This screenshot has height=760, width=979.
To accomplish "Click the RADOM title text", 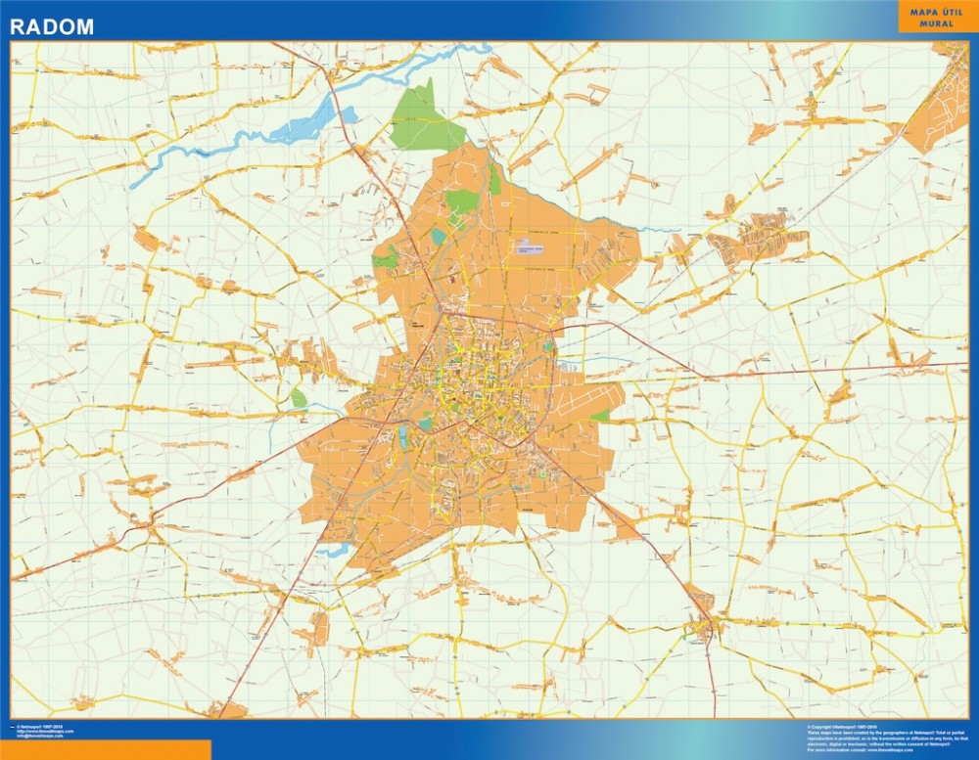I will click(x=52, y=26).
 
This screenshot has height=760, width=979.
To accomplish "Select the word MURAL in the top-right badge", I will click(x=937, y=22).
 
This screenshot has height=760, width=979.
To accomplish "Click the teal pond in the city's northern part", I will click(x=438, y=236).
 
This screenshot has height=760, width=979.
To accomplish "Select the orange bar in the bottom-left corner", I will click(x=105, y=749).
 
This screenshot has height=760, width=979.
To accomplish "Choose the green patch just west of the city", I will click(x=299, y=397).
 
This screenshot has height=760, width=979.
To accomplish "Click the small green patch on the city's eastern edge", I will click(x=600, y=416).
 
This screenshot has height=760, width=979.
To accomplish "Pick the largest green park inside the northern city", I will click(x=462, y=201).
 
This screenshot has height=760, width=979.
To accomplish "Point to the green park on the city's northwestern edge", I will click(x=386, y=259).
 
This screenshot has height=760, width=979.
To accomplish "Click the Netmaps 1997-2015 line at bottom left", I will click(x=39, y=727).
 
